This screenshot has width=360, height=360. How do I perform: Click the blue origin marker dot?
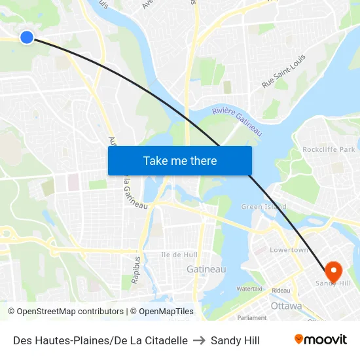point(27,37)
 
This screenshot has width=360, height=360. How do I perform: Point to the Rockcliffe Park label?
point(329,150)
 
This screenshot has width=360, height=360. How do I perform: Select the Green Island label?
point(264,207)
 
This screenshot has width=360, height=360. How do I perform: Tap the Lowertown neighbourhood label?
point(289,250)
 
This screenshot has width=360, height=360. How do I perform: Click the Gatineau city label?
point(206,269)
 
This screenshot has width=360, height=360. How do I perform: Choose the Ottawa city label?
point(286,306)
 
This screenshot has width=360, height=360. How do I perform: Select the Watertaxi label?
point(250,288)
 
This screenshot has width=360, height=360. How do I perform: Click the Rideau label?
point(281,290)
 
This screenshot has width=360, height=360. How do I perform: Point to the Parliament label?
point(252,317)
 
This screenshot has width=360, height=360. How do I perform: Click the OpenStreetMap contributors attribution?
point(67,312)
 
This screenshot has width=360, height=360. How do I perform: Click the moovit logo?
point(320,340)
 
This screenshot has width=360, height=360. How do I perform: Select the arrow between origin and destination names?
point(199,340)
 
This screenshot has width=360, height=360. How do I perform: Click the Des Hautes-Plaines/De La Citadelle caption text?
point(100,340)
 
